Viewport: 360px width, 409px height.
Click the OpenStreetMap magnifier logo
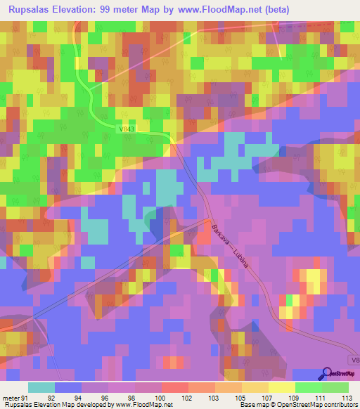[327, 374]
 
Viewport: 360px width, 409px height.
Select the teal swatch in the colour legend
[41, 387]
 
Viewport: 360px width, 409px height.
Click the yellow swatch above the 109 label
[281, 387]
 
